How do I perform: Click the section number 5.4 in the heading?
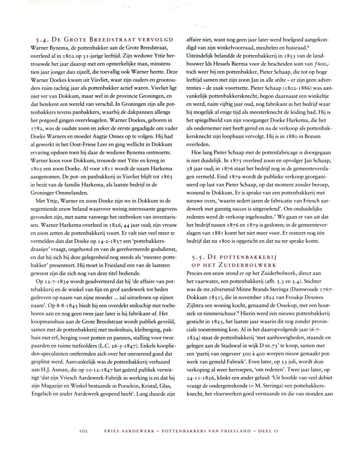click(x=42, y=40)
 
